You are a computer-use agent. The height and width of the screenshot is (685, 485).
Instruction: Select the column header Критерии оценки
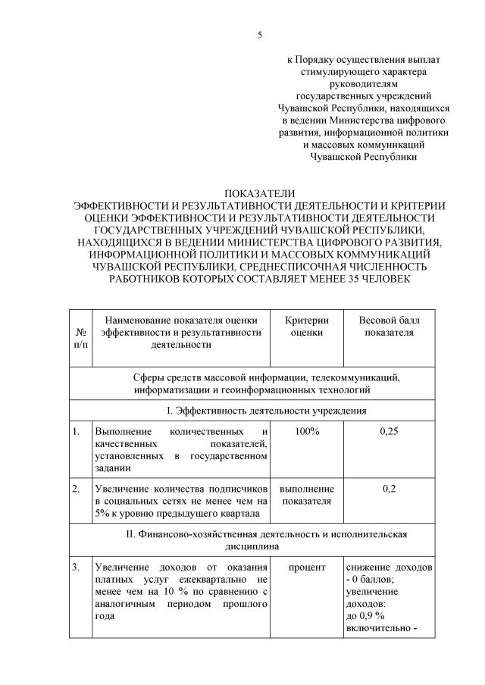(306, 326)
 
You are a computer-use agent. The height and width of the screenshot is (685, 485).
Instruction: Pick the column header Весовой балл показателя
(389, 326)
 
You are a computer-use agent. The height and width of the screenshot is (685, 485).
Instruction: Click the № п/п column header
(80, 338)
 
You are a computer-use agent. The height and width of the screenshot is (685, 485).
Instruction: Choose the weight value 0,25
(389, 431)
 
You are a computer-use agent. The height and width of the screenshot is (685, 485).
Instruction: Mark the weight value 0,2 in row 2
(389, 488)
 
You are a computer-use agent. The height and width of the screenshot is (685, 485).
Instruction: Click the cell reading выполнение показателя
(306, 494)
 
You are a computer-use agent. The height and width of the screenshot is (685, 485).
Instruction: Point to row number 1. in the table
(77, 431)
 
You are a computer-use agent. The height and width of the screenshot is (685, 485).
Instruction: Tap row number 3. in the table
(77, 568)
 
